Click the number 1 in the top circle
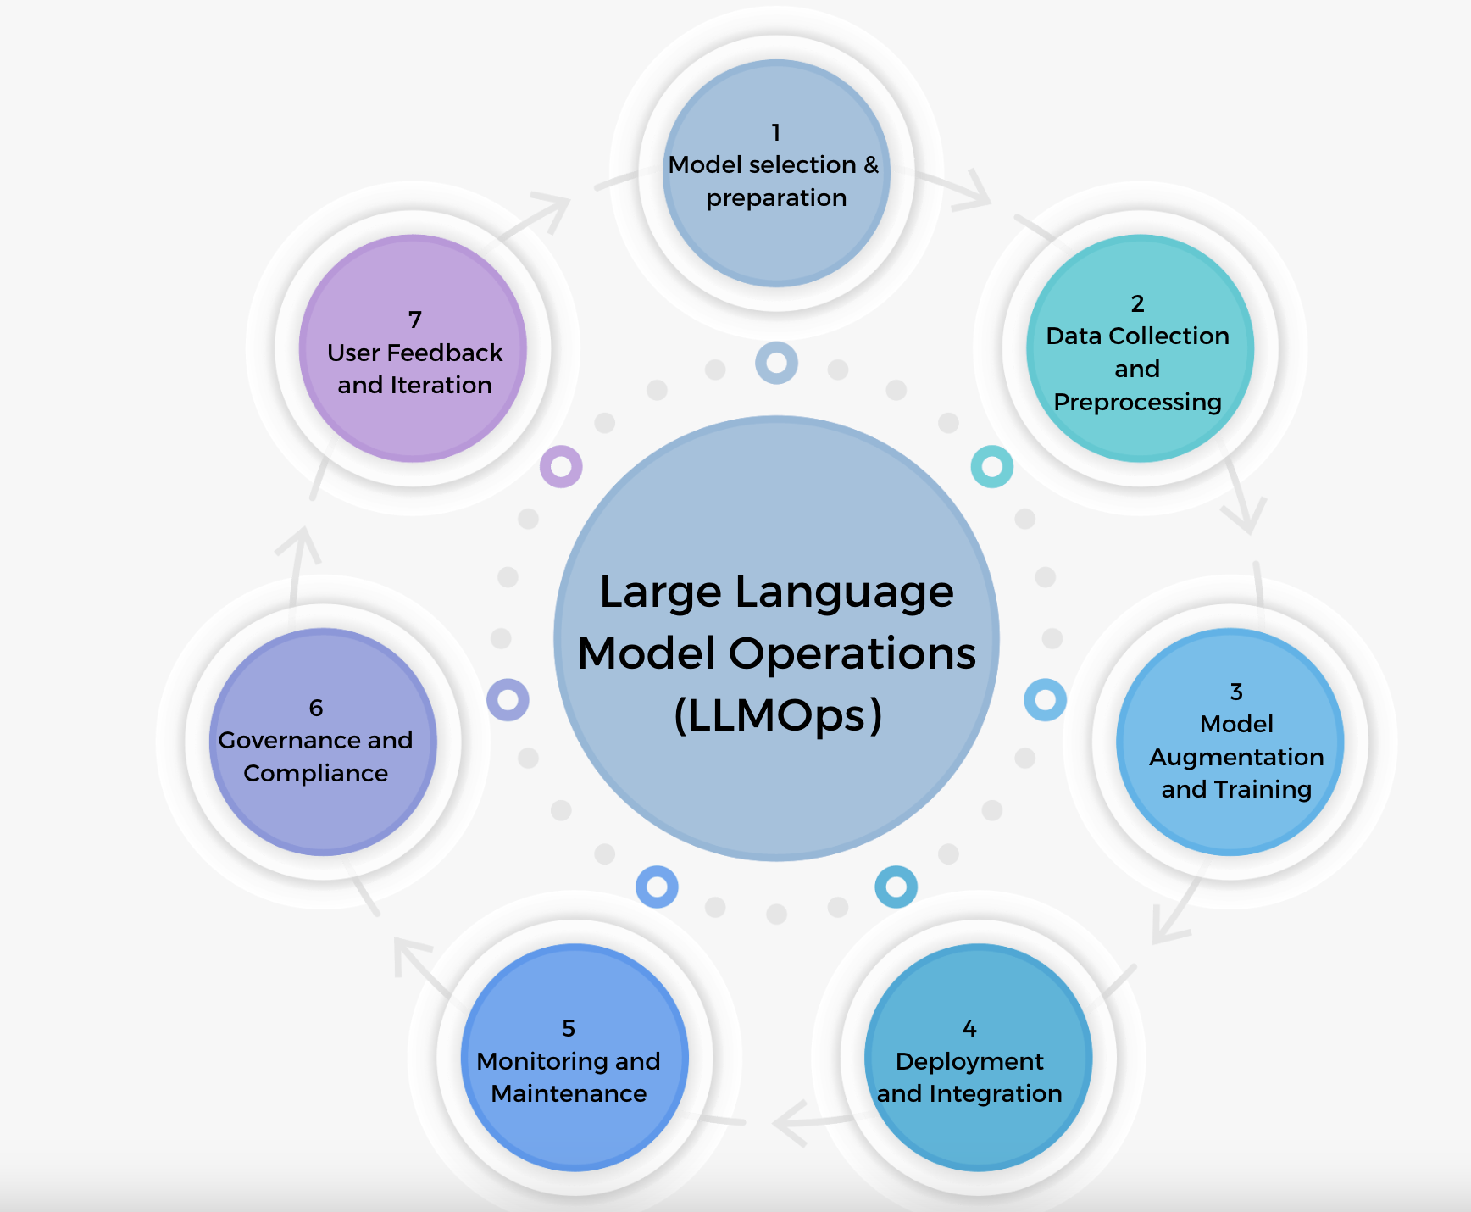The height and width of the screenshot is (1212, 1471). click(x=775, y=133)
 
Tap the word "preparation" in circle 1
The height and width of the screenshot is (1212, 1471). click(x=776, y=198)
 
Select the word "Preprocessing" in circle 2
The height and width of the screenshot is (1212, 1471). click(x=1137, y=403)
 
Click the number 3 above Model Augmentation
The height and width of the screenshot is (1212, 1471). click(x=1236, y=692)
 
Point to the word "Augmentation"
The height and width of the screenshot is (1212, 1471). click(x=1236, y=758)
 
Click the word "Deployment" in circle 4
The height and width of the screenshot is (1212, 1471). click(x=969, y=1062)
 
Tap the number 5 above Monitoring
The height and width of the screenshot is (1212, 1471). click(x=569, y=1029)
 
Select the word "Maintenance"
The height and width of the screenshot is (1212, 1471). click(x=569, y=1094)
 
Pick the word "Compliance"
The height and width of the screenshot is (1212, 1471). click(x=315, y=774)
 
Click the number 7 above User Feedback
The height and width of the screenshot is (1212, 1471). click(x=414, y=320)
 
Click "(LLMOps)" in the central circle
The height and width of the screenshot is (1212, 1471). click(x=777, y=715)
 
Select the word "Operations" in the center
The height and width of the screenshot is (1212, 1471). click(x=852, y=654)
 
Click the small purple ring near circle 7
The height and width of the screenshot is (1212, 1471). click(x=561, y=466)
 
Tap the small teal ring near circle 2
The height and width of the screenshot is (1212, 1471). click(x=991, y=466)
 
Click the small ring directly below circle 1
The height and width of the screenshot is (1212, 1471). click(x=776, y=363)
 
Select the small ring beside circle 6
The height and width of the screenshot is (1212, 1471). click(x=508, y=700)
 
